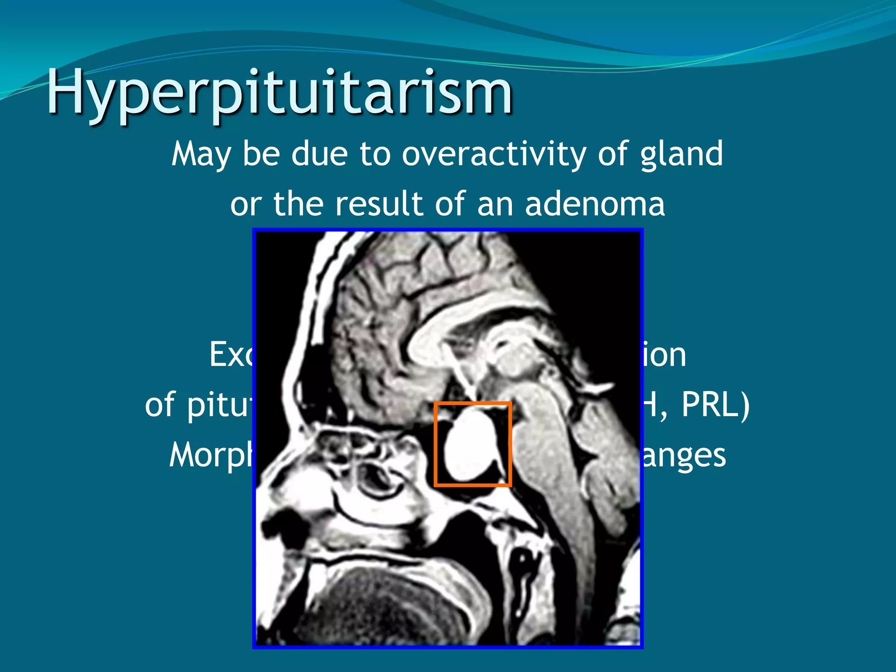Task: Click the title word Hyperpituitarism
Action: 280,93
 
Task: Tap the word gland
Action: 681,155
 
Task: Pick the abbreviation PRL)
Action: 715,405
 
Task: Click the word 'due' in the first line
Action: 319,154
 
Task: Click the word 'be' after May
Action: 261,154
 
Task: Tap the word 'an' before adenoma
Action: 495,205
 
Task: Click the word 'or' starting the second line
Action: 246,205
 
